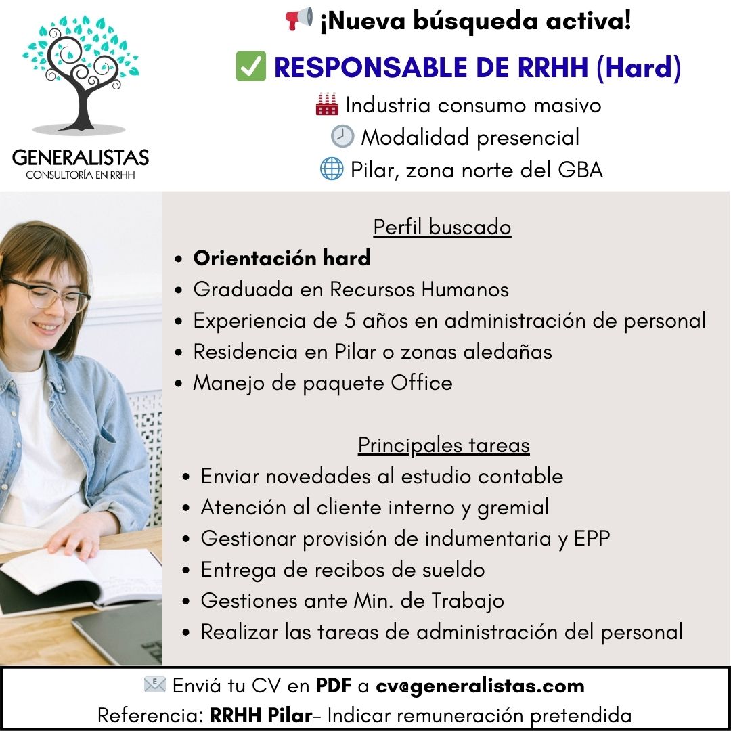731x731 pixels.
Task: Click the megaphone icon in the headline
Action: [298, 19]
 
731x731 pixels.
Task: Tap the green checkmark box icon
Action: [250, 68]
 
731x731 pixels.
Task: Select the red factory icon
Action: [327, 105]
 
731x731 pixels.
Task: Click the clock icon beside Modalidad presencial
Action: [342, 137]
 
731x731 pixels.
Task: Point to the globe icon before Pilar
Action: [332, 169]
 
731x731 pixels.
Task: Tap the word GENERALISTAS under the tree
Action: [80, 158]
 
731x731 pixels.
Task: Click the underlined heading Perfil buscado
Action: [442, 227]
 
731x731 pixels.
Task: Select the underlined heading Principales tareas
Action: [443, 445]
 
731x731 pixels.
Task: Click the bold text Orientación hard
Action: [282, 258]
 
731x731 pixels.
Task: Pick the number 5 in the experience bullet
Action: [349, 320]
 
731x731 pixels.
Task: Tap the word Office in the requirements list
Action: [421, 382]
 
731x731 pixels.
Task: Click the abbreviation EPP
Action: [592, 538]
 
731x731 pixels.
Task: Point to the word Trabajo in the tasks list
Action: [468, 600]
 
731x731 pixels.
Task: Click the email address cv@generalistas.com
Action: [480, 686]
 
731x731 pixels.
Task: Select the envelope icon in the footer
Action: [154, 685]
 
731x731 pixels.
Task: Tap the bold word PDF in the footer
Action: [333, 686]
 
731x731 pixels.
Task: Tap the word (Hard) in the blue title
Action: [638, 68]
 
